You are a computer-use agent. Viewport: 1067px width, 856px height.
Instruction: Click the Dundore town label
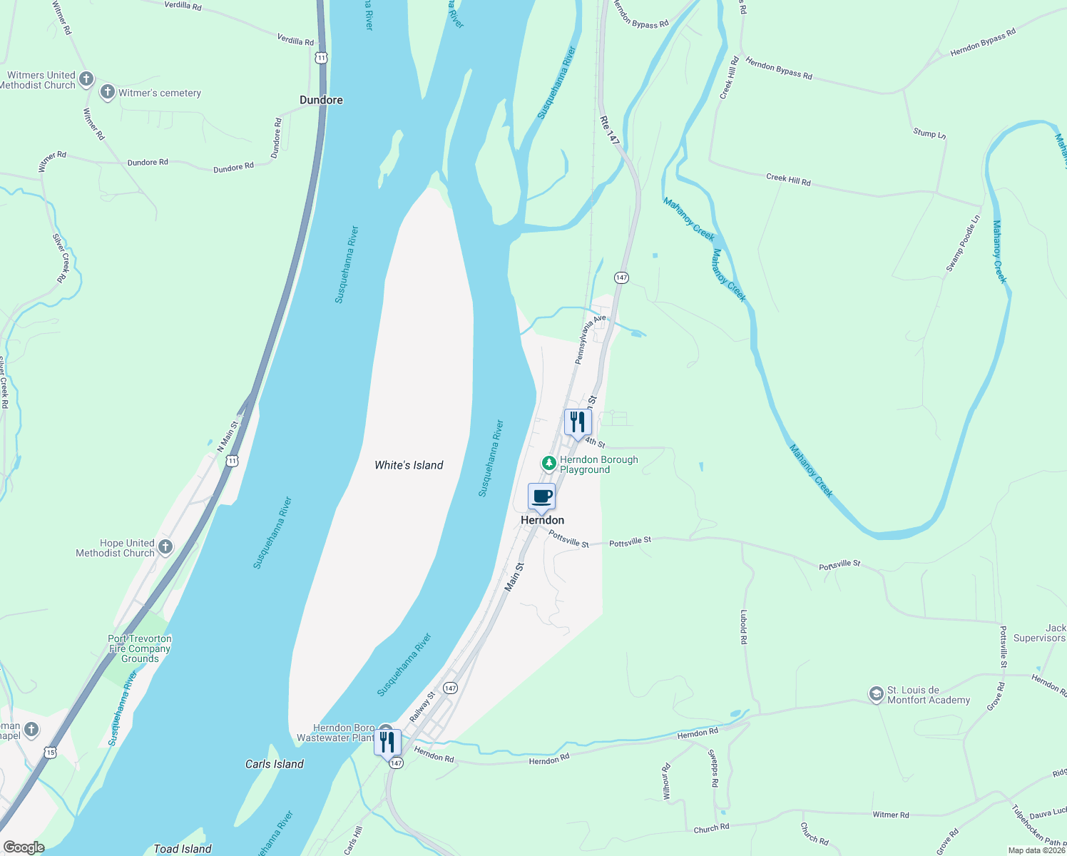321,100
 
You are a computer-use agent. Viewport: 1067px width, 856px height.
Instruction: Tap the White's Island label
409,465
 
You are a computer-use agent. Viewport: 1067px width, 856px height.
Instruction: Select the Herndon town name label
542,520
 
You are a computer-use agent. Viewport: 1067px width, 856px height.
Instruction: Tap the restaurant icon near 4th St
578,422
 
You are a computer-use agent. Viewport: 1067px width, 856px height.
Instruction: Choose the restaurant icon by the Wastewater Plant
387,742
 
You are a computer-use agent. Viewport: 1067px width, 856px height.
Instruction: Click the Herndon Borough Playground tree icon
548,464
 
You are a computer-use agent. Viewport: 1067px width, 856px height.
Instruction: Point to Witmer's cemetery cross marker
108,92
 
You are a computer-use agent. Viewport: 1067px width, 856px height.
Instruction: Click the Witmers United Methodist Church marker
86,78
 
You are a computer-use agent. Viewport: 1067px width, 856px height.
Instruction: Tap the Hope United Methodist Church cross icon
165,547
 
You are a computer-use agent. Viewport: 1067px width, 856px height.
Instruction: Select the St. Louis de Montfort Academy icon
876,693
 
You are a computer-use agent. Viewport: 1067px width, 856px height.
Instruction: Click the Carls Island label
275,764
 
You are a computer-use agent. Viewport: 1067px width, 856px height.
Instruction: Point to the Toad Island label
183,849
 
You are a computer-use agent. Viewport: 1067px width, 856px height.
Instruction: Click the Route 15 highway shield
49,752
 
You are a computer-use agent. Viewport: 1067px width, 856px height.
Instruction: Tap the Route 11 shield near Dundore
322,57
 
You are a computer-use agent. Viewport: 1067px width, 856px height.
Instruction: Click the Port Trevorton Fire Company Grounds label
140,648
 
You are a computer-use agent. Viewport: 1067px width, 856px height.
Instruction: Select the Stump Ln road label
929,133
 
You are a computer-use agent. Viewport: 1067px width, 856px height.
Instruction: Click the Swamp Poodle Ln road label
963,243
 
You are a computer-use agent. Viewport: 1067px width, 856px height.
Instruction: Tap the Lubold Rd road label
743,627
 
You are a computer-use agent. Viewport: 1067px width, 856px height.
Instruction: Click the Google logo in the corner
24,847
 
